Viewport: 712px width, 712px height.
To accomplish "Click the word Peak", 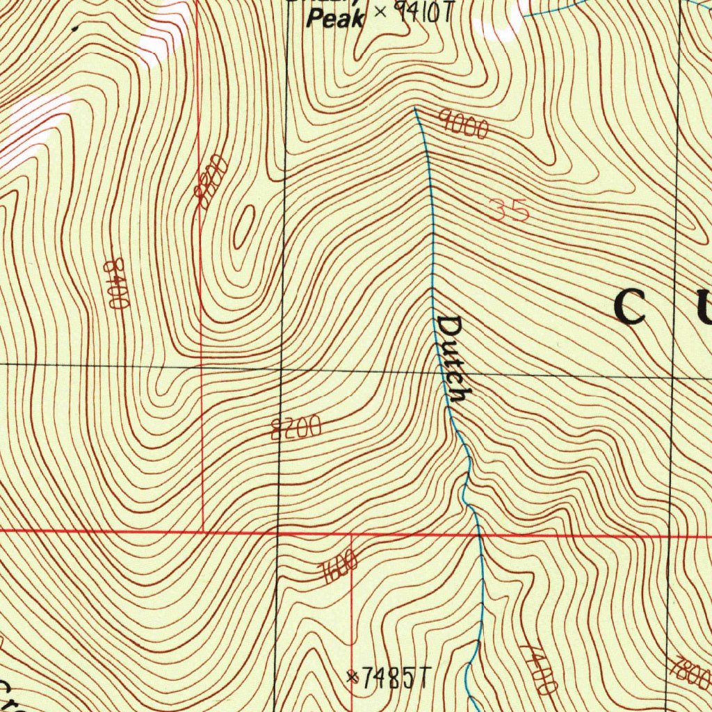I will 335,19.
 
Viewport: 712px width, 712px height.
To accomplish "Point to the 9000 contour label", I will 464,124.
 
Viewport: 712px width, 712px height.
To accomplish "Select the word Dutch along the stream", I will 453,359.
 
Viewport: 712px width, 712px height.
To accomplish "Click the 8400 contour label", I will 114,283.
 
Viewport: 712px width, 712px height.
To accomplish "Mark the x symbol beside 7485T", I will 353,675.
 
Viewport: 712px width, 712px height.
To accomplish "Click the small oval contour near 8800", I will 243,227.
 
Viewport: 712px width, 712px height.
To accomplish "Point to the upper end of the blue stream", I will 415,108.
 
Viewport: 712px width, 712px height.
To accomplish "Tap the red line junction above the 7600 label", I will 351,534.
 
